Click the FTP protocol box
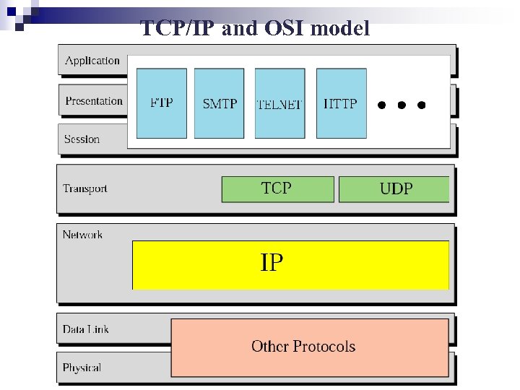(161, 103)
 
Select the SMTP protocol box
(220, 103)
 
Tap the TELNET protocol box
(279, 103)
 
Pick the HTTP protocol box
(341, 103)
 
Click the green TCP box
(277, 189)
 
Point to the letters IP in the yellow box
(272, 263)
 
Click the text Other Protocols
(303, 347)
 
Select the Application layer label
(92, 61)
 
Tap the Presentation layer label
(94, 101)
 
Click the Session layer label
(82, 139)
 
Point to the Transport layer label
(84, 189)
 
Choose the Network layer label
(82, 235)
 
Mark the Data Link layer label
(85, 329)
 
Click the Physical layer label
(82, 368)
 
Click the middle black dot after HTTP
(402, 105)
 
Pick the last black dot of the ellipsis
(422, 105)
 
